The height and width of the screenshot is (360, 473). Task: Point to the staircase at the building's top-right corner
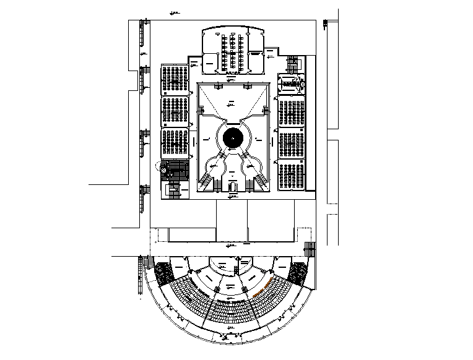[293, 63]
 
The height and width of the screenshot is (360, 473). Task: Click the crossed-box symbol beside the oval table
[303, 83]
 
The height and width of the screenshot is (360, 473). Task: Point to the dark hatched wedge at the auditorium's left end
[164, 272]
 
